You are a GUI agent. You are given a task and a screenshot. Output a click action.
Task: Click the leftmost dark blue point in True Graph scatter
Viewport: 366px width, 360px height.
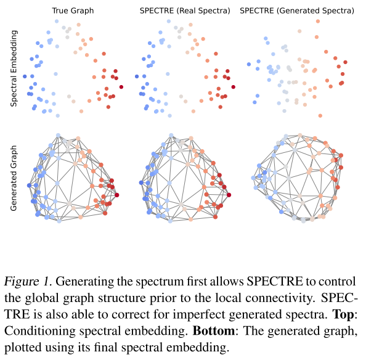click(25, 76)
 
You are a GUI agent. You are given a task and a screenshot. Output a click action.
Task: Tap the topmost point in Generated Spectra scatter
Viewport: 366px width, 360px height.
click(317, 22)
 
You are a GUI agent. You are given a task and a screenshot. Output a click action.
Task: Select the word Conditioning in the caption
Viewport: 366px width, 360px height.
click(42, 330)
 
